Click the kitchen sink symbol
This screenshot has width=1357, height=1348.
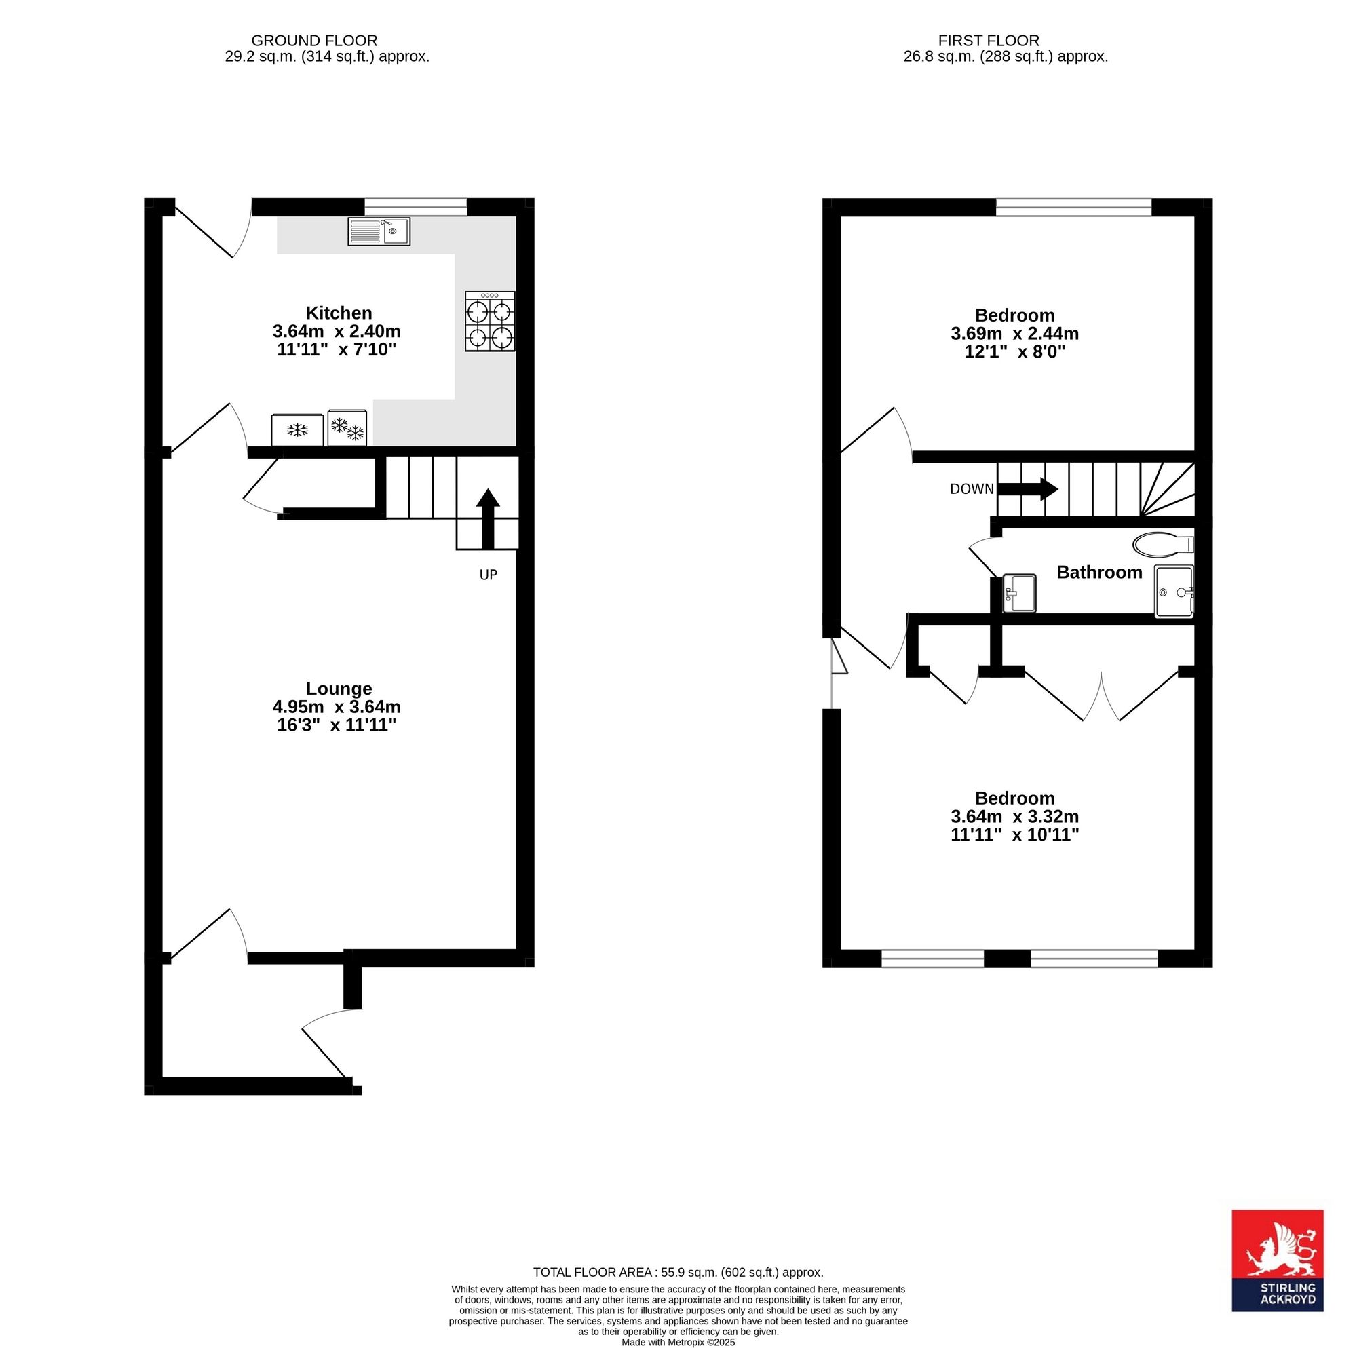(x=379, y=231)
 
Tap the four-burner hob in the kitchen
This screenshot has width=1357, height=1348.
(x=491, y=321)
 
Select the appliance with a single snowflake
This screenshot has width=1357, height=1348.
(x=298, y=429)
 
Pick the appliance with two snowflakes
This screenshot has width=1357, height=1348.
(x=347, y=427)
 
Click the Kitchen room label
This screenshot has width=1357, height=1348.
(x=339, y=313)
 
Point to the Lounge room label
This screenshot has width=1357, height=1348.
(x=339, y=689)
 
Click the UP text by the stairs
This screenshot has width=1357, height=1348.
(x=488, y=575)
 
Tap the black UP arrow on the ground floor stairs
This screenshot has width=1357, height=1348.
(x=487, y=518)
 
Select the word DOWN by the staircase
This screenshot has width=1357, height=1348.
(x=972, y=489)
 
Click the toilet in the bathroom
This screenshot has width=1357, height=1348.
(x=1163, y=543)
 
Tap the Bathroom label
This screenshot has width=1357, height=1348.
(x=1099, y=572)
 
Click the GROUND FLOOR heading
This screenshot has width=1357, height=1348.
(x=314, y=41)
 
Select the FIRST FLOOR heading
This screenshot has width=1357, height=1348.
(x=989, y=41)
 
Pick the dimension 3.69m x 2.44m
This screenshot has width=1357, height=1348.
(x=1015, y=334)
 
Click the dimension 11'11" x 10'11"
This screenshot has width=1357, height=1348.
(x=1015, y=834)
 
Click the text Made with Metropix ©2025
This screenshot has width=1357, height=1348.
(x=678, y=1342)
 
